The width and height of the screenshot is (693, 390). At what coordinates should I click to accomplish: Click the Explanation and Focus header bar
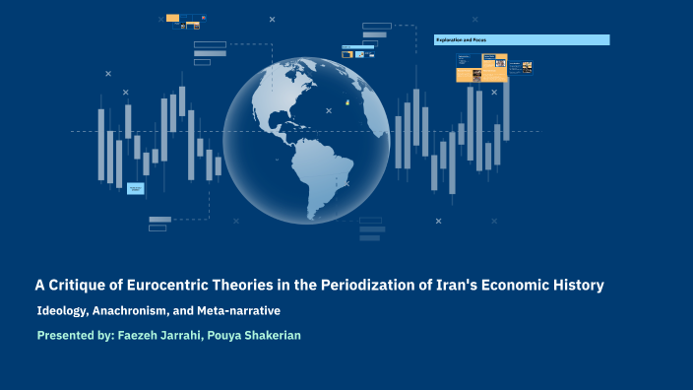point(522,39)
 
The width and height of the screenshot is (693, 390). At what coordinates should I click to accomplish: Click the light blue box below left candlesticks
point(136,188)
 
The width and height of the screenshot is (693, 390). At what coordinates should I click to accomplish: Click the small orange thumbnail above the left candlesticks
point(172,18)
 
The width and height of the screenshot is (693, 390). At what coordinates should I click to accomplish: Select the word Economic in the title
point(511,286)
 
